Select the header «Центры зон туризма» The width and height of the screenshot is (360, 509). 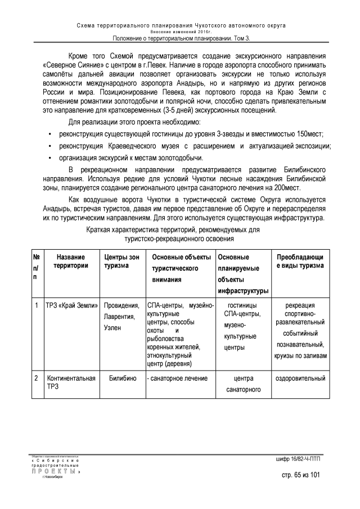coord(121,261)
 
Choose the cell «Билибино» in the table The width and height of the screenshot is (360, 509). coord(121,379)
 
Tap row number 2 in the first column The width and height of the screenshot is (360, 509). coord(36,379)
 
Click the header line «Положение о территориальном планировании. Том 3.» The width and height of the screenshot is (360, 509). coord(181,38)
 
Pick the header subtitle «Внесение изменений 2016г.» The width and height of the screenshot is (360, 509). coord(181,31)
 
